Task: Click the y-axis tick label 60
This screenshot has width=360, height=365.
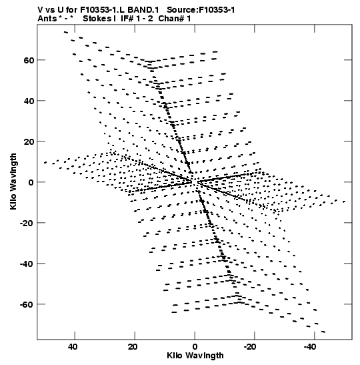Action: [x=29, y=60]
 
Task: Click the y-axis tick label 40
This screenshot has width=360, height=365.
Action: [x=29, y=101]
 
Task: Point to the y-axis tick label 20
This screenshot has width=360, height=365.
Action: [x=29, y=141]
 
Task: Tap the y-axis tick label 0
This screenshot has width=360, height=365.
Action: [x=31, y=182]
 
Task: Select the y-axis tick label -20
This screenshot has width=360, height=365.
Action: [x=27, y=223]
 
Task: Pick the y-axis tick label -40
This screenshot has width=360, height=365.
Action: [x=27, y=264]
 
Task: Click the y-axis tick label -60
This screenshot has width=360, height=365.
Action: [x=27, y=304]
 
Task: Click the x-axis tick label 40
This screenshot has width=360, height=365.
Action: [x=73, y=347]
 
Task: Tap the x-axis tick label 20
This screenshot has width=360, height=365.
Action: [x=133, y=347]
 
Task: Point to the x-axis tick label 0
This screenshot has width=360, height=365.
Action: [x=195, y=347]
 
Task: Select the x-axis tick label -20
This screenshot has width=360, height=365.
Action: [x=250, y=347]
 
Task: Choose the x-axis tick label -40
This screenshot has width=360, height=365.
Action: [x=310, y=347]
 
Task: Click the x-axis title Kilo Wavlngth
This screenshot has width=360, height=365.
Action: [x=195, y=356]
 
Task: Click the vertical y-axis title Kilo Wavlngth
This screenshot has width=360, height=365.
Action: [x=13, y=181]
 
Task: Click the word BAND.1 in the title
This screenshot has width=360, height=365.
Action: [x=143, y=10]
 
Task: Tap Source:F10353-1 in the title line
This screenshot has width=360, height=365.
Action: [x=201, y=10]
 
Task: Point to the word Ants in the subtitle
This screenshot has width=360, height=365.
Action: [x=47, y=19]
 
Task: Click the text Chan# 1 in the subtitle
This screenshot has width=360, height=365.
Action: [x=175, y=19]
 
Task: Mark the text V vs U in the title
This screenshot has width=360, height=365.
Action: [x=50, y=10]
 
